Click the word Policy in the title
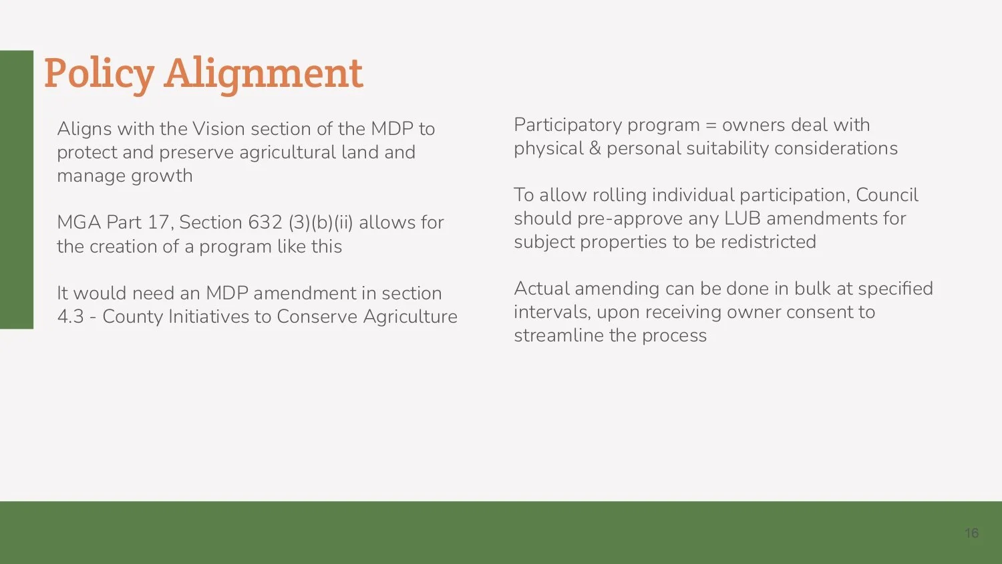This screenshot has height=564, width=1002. click(x=99, y=73)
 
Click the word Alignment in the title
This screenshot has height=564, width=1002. click(x=263, y=73)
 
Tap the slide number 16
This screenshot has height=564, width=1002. click(x=971, y=533)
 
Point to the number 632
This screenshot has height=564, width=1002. click(x=265, y=222)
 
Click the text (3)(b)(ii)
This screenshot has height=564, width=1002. click(x=321, y=222)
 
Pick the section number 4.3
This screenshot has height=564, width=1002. click(x=70, y=316)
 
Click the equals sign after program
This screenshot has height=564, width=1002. click(x=711, y=126)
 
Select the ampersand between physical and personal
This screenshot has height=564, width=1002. click(x=595, y=148)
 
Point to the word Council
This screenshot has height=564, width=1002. click(x=886, y=195)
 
